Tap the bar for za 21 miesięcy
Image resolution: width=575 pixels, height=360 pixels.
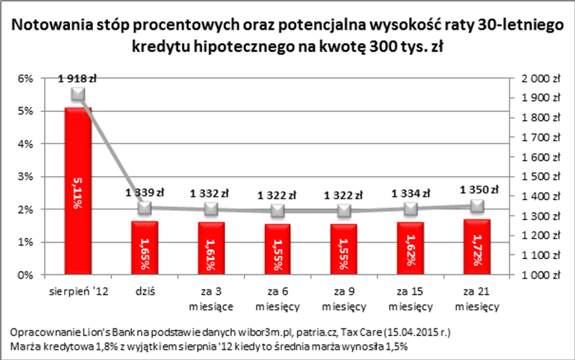point(477,247)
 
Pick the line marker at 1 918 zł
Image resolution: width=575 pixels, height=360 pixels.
point(78,94)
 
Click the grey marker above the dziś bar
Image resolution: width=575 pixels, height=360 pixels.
point(144,208)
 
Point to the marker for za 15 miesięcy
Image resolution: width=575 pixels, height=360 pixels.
point(411,209)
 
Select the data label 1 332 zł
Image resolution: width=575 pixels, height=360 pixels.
point(210,194)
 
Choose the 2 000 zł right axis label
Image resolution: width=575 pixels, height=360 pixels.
point(541,79)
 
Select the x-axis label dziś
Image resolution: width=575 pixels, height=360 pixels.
point(144,291)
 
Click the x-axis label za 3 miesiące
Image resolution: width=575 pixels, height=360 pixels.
point(211,299)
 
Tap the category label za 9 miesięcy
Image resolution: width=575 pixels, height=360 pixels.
point(344,299)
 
